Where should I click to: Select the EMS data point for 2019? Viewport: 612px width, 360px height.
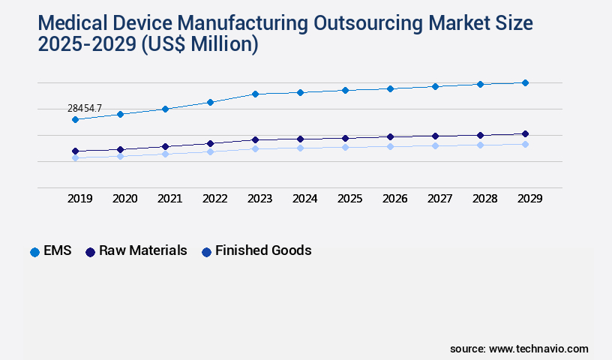(x=75, y=119)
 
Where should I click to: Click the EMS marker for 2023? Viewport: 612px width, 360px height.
(x=255, y=94)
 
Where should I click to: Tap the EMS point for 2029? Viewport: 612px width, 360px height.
(x=525, y=82)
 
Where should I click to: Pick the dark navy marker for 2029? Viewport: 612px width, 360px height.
(x=525, y=133)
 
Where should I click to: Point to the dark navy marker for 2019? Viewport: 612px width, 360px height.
(x=75, y=151)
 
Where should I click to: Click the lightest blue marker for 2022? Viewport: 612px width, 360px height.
(x=210, y=151)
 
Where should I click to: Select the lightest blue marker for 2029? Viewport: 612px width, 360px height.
(x=525, y=144)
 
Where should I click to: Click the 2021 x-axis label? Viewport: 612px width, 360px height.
(x=169, y=199)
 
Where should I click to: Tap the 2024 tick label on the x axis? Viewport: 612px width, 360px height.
(x=304, y=199)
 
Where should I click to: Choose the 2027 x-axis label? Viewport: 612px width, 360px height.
(x=439, y=199)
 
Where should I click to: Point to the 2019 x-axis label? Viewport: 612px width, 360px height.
(x=79, y=199)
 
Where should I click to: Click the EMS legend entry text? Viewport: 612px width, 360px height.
(x=58, y=250)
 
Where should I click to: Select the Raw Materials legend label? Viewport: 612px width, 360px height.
(x=142, y=250)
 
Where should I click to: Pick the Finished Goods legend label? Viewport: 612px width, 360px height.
(x=262, y=250)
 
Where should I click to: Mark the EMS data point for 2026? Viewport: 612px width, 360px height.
(x=390, y=88)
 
